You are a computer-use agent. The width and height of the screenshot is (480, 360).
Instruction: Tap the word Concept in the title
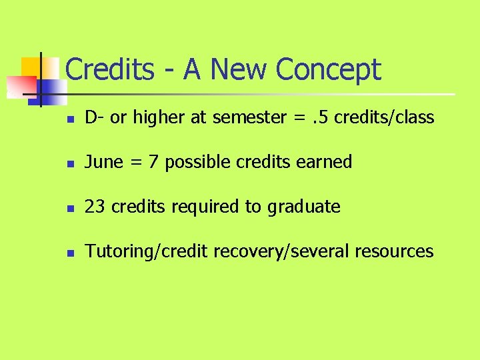(327, 70)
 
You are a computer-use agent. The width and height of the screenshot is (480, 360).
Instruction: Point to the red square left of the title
(20, 86)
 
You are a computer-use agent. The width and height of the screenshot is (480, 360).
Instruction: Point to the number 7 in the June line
(153, 162)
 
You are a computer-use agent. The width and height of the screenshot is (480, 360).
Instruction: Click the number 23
(95, 207)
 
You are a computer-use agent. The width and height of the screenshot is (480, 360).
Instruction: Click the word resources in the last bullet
(394, 251)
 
